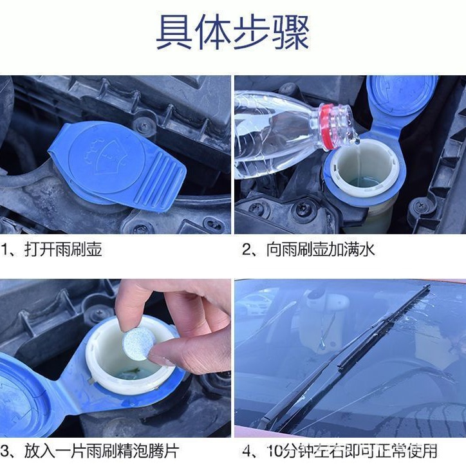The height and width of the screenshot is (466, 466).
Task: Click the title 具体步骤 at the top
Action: (233, 32)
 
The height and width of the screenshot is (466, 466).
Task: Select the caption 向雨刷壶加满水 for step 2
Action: (313, 249)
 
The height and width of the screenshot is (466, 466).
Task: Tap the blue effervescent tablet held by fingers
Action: (137, 343)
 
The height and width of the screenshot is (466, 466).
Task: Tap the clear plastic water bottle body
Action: (270, 132)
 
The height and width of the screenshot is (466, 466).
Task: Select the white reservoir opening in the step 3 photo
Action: (129, 367)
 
